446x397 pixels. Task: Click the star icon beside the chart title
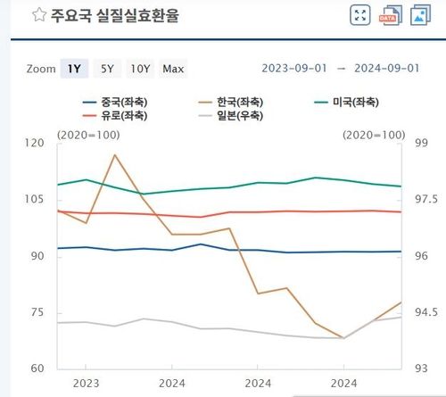pyautogui.click(x=38, y=15)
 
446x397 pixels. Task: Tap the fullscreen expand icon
pyautogui.click(x=360, y=15)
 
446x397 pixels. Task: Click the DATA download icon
pyautogui.click(x=389, y=15)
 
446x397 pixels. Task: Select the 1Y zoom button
pyautogui.click(x=73, y=69)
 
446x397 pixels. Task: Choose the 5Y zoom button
pyautogui.click(x=106, y=69)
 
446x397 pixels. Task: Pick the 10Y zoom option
pyautogui.click(x=139, y=69)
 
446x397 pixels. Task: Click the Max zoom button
pyautogui.click(x=173, y=69)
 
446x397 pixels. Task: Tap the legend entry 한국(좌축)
pyautogui.click(x=241, y=102)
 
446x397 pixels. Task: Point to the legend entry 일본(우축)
pyautogui.click(x=241, y=116)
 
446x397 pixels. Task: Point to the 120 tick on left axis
pyautogui.click(x=35, y=143)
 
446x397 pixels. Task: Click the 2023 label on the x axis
pyautogui.click(x=85, y=385)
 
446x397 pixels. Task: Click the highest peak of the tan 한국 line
pyautogui.click(x=115, y=155)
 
